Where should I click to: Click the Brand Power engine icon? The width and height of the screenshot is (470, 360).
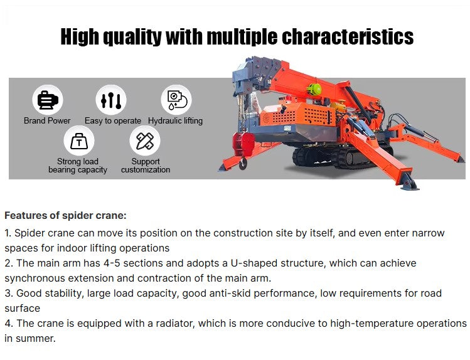[47, 100]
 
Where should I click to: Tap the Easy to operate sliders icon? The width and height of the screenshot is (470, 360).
[111, 100]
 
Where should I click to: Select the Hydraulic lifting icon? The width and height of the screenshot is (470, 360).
[175, 100]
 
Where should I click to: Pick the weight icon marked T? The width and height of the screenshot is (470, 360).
[78, 141]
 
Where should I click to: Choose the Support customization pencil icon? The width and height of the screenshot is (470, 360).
[145, 141]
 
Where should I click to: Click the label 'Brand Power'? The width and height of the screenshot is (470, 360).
[47, 120]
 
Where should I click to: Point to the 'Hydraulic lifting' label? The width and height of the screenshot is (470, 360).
[175, 120]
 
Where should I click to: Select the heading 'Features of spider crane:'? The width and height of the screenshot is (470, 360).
[65, 215]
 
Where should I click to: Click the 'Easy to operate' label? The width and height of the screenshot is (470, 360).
[113, 120]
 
